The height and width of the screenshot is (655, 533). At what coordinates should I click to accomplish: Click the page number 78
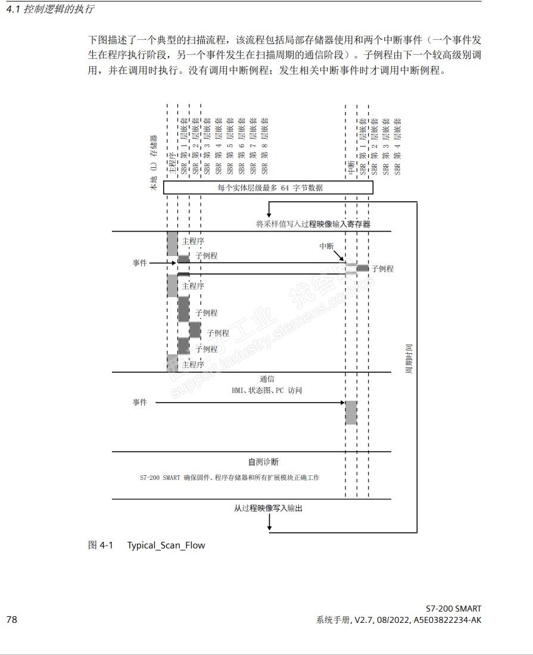(x=12, y=620)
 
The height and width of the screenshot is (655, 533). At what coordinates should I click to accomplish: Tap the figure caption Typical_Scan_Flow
(x=166, y=545)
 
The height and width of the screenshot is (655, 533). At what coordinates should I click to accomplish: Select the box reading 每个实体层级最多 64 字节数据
(x=268, y=188)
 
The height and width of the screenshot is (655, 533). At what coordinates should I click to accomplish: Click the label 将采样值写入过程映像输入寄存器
(x=313, y=224)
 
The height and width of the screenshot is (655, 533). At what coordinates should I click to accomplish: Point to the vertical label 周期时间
(x=409, y=358)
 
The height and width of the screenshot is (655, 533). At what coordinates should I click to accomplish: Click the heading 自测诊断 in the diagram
(x=263, y=461)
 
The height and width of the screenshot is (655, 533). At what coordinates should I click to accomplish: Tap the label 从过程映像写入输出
(x=268, y=508)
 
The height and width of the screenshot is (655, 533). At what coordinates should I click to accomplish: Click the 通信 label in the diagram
(x=267, y=379)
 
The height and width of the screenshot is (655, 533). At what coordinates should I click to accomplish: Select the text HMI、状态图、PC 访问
(x=267, y=391)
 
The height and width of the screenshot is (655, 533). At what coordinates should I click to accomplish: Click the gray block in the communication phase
(x=351, y=413)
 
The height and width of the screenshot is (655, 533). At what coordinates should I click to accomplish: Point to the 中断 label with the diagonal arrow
(x=326, y=246)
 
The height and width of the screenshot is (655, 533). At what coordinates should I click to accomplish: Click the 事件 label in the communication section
(x=139, y=403)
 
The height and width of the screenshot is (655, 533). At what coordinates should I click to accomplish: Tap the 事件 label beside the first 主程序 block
(x=139, y=263)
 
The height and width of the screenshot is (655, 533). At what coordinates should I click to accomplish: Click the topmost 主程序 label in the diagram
(x=193, y=242)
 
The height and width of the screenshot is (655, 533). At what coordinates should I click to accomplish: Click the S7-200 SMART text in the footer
(x=453, y=609)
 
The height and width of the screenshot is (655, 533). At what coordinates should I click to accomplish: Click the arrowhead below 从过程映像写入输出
(x=270, y=526)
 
